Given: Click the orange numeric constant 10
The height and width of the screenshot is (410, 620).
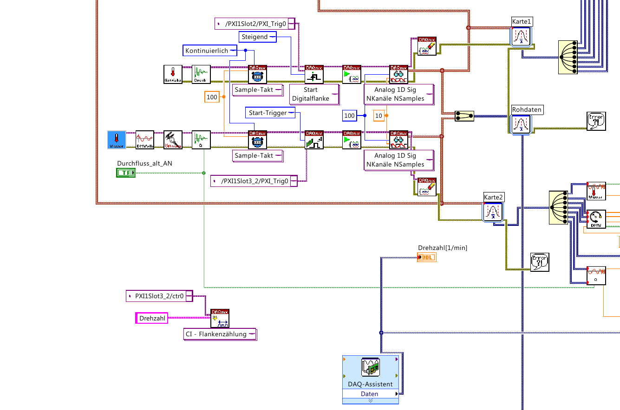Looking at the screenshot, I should (379, 115).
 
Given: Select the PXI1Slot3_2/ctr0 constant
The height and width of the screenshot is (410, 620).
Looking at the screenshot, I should (159, 295).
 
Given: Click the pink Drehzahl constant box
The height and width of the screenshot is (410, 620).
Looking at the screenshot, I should (151, 318).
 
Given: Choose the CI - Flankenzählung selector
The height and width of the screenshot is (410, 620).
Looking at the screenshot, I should (220, 334).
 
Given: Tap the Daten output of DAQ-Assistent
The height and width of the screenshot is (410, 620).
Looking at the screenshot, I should (370, 394).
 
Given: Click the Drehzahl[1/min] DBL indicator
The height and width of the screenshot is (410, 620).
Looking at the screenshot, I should (427, 257).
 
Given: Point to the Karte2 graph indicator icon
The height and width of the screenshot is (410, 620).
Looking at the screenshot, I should (493, 211).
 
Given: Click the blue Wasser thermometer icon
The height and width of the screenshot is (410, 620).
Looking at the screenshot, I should (117, 140).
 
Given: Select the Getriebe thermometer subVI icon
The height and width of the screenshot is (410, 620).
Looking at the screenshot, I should (173, 74).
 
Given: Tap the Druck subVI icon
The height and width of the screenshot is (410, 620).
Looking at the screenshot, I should (201, 74).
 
